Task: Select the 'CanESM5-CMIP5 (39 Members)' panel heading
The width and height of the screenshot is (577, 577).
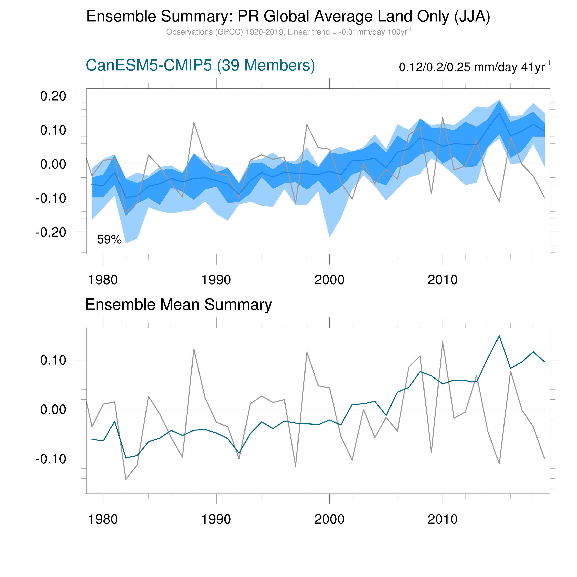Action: (200, 65)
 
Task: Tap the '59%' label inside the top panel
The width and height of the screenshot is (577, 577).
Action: (109, 240)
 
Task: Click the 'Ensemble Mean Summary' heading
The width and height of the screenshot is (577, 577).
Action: (179, 305)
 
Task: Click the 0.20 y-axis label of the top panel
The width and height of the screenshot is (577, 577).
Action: (53, 96)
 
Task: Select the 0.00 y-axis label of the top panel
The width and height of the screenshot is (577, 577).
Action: (53, 164)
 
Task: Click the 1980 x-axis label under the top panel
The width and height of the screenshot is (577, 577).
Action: (103, 280)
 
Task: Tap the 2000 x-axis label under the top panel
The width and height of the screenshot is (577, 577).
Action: (329, 280)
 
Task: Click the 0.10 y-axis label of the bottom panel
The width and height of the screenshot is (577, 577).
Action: (53, 360)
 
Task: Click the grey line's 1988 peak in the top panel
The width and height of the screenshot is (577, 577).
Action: (194, 122)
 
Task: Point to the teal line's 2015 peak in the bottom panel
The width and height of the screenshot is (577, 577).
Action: (499, 336)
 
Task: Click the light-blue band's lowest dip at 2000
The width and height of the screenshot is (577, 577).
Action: (329, 237)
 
